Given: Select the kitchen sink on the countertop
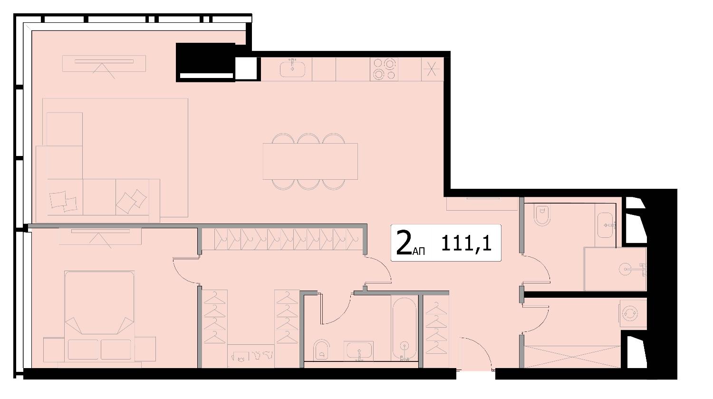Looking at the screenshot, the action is point(292,69).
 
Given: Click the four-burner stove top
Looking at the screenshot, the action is point(384,69).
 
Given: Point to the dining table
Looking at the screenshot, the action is point(310,161).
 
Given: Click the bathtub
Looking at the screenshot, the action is point(404,329).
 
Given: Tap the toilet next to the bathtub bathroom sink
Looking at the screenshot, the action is point(321,350).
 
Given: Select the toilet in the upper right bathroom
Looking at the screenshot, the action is point(542,215).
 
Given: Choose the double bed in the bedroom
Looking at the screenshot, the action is point(99,316).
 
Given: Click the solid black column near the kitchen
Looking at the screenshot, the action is point(206,62).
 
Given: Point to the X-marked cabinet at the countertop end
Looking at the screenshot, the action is point(432,69).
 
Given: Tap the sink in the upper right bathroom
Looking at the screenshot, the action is point(605,225).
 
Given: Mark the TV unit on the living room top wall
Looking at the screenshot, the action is point(104,64).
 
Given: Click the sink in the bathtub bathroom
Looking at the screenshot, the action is point(359,351).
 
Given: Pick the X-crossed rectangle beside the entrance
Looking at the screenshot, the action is point(572,357).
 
